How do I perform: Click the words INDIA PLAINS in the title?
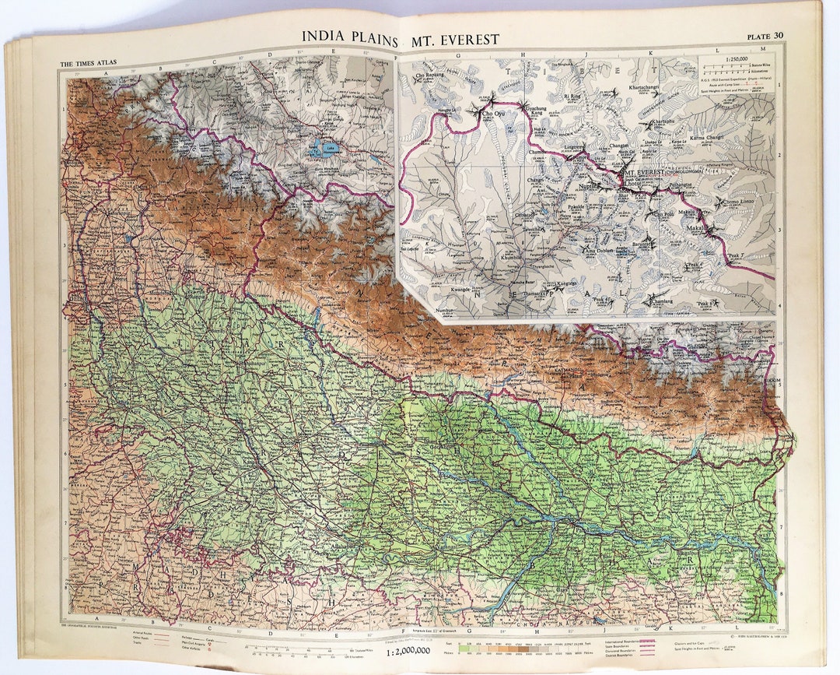coord(350,39)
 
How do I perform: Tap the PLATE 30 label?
coord(765,36)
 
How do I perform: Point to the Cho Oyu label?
coord(499,114)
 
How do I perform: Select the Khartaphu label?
coord(653,122)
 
